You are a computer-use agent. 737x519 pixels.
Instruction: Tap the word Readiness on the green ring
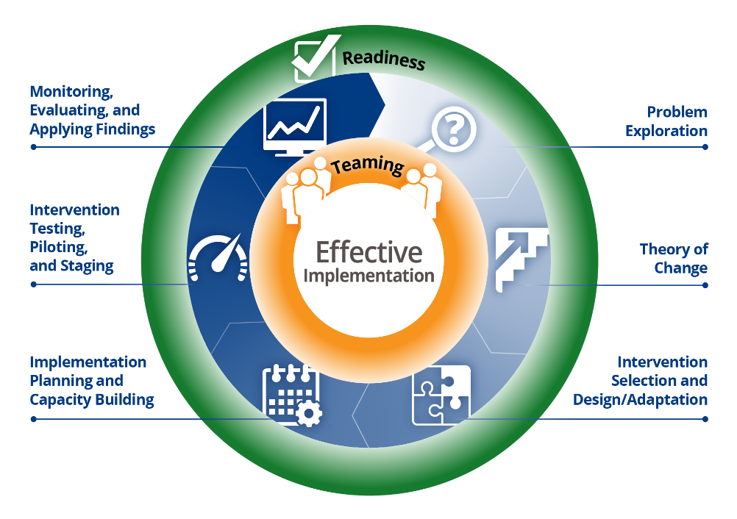tap(384, 60)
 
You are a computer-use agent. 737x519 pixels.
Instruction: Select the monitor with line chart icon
tap(294, 126)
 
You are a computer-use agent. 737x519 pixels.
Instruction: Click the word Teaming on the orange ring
tap(368, 165)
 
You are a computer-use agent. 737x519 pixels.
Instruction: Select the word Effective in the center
tap(369, 252)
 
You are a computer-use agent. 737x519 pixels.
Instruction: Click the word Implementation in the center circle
tap(369, 276)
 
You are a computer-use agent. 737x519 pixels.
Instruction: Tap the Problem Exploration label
tap(666, 121)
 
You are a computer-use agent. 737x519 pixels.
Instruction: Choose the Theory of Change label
tap(673, 258)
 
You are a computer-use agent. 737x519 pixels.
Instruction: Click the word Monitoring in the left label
tap(71, 92)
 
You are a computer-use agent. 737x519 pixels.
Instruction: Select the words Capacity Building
tap(92, 400)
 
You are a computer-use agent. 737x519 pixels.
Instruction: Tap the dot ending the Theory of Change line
tap(705, 284)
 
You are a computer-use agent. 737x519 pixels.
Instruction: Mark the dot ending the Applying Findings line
tap(33, 147)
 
